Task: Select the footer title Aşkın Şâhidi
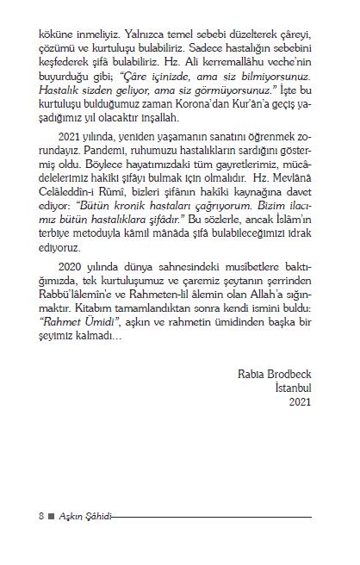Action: coord(84,517)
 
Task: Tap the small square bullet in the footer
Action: coord(52,517)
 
